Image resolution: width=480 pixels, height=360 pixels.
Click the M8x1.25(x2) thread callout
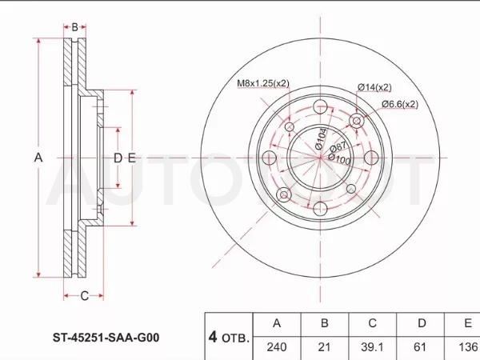click(263, 83)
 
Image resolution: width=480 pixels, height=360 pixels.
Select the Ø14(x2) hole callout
click(374, 87)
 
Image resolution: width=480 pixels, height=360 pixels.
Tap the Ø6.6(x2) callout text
click(399, 104)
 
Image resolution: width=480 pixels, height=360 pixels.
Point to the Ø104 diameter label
click(321, 138)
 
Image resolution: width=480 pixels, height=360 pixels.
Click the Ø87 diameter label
click(338, 147)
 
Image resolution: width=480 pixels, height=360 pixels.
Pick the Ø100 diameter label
click(339, 159)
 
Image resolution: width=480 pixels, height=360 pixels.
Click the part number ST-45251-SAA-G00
click(106, 338)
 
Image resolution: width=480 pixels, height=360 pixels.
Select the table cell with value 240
click(277, 347)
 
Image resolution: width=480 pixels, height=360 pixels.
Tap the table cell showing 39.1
click(372, 347)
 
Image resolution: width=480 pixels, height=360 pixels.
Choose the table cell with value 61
click(420, 347)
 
